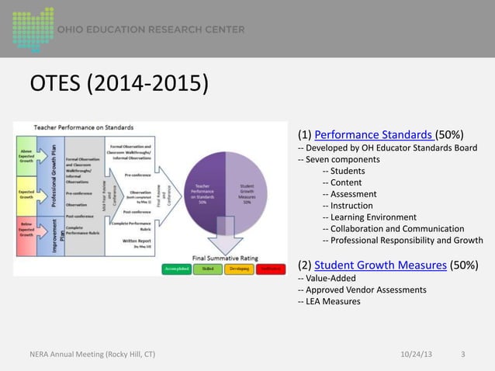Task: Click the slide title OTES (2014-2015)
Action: click(x=119, y=82)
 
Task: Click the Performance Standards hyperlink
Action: click(x=374, y=133)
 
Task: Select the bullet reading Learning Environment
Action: click(x=373, y=217)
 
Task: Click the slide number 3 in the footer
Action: click(x=463, y=355)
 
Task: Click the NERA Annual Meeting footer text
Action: click(x=87, y=355)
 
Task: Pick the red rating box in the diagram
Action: click(x=269, y=268)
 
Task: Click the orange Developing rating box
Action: click(x=238, y=268)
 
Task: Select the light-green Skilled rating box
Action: click(x=207, y=268)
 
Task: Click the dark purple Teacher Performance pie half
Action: click(x=203, y=194)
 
